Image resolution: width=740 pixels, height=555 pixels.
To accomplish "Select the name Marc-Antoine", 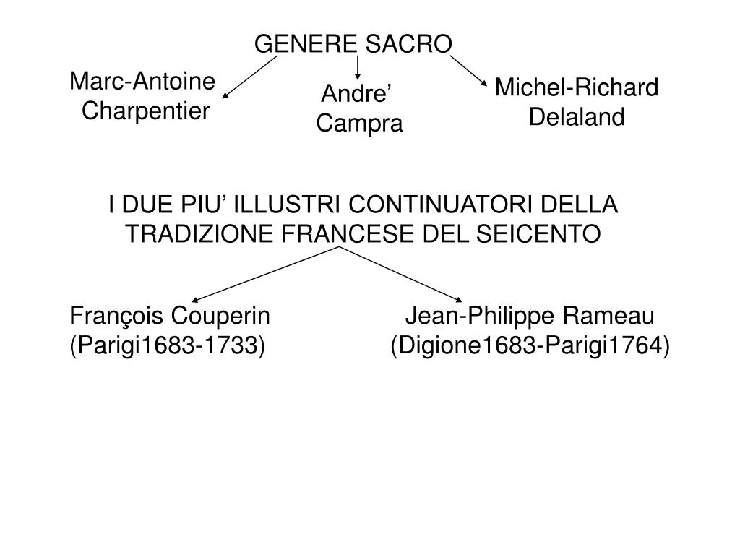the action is [x=142, y=82].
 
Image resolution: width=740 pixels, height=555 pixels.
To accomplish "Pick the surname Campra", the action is [x=360, y=124].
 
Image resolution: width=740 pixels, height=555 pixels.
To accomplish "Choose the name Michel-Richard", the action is [x=577, y=88].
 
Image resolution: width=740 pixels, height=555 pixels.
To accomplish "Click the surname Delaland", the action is [x=577, y=117].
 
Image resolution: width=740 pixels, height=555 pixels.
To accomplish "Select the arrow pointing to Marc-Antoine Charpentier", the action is [x=249, y=77].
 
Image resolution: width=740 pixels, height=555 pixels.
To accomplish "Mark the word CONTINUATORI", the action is [x=438, y=205].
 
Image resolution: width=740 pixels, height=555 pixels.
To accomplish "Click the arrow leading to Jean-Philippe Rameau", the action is [x=401, y=275].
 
